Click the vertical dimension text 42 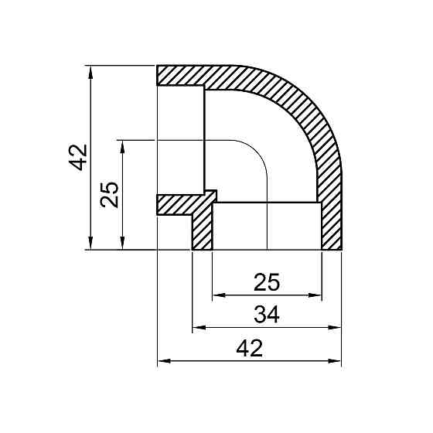[78, 158]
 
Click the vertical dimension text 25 [111, 194]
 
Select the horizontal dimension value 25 [267, 282]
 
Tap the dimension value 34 [266, 315]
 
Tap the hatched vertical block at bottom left [202, 232]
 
